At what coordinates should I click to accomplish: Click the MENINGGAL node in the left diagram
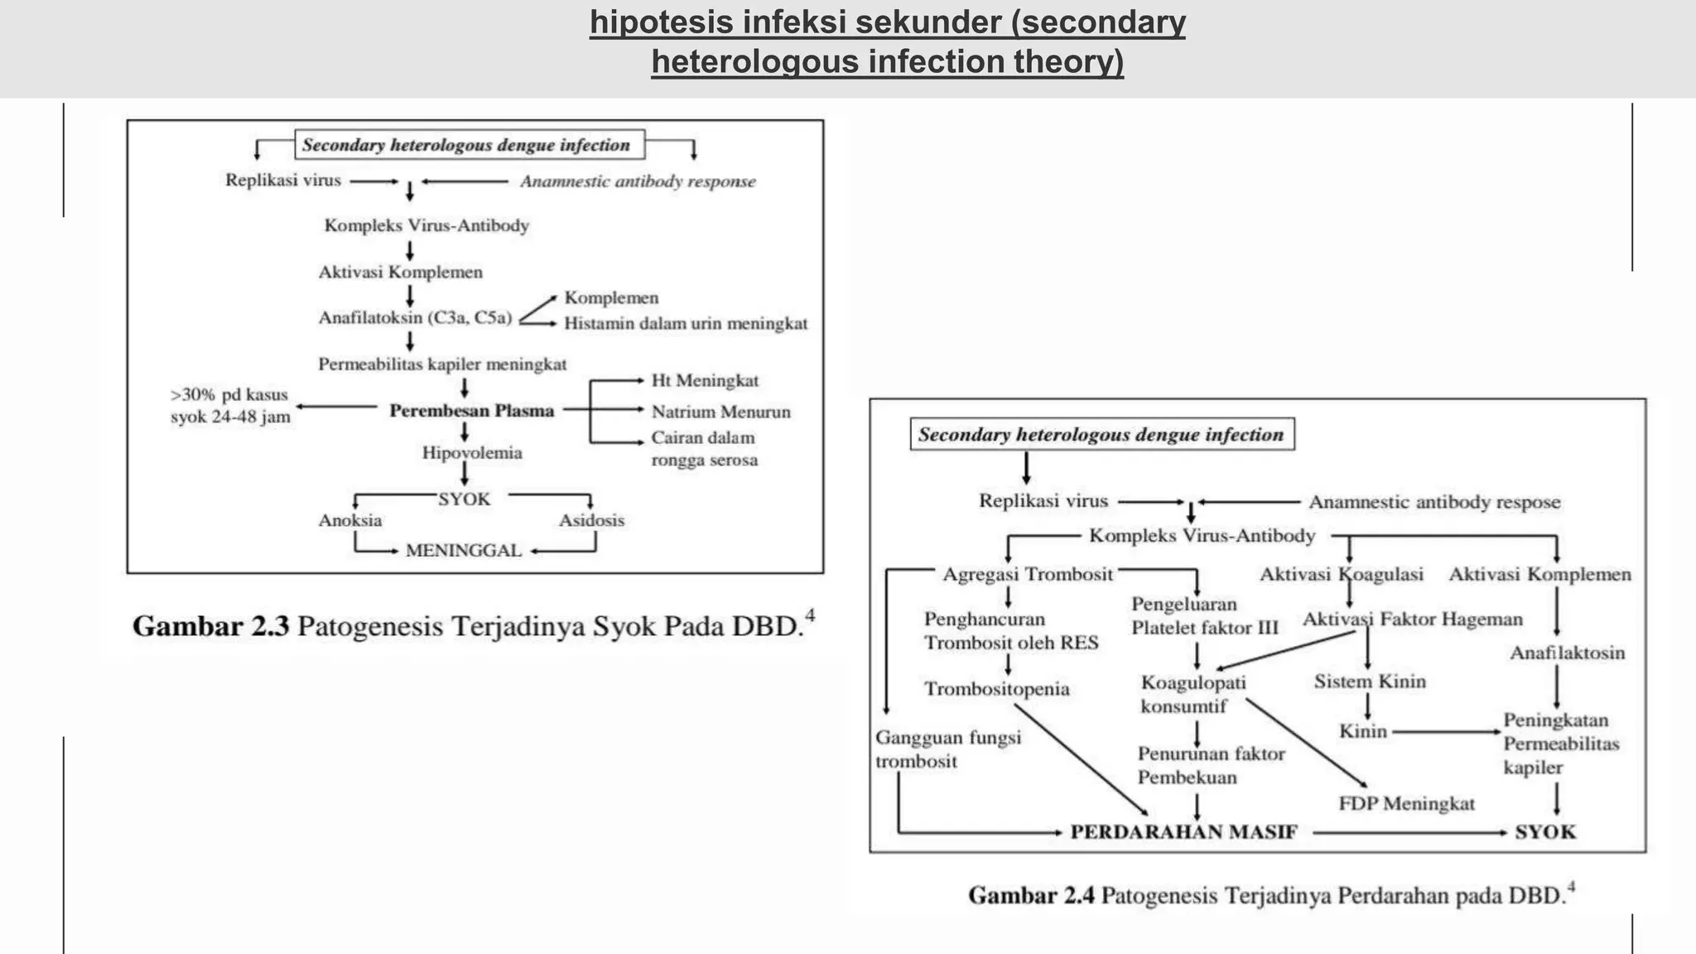(464, 551)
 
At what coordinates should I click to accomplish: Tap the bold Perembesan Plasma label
(472, 411)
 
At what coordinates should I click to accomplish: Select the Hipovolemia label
(472, 453)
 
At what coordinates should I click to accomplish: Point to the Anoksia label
(350, 521)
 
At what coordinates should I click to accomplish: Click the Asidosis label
(591, 521)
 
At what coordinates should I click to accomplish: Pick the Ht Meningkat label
(705, 381)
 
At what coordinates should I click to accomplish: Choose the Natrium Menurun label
(720, 412)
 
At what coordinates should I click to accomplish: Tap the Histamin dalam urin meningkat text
(686, 324)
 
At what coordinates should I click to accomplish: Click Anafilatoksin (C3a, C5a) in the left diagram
(416, 318)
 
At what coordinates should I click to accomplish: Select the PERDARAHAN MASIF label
(1183, 832)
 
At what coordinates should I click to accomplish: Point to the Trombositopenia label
(997, 689)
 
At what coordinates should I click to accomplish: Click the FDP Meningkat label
(1407, 803)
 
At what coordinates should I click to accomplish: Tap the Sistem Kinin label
(1370, 682)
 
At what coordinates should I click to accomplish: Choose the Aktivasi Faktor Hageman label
(1413, 619)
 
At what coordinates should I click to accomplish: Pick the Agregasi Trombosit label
(1028, 575)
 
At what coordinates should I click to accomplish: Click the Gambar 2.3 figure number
(210, 626)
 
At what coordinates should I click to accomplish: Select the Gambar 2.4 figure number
(1031, 896)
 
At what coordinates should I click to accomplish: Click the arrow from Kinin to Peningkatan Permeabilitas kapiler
(1446, 732)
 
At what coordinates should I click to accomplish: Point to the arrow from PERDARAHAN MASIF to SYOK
(1409, 832)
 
